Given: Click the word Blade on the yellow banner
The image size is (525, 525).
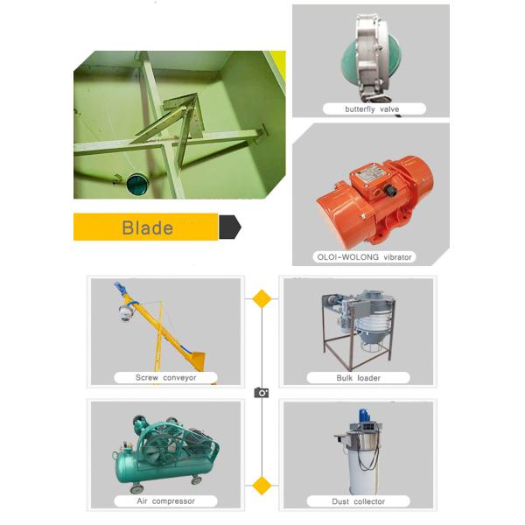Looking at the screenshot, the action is [148, 227].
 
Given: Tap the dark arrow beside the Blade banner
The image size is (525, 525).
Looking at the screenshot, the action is [229, 227].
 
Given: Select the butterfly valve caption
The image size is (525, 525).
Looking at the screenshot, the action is [372, 109].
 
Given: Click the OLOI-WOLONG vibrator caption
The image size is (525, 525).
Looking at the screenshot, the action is [364, 257].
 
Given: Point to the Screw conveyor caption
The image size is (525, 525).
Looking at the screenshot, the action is [165, 378].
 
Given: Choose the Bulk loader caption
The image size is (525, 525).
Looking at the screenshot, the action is [358, 378].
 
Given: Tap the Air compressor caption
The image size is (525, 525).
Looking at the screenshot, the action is [165, 501].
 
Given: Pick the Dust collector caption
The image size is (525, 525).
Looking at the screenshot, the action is [358, 501].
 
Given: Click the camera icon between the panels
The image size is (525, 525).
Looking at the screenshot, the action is [262, 392].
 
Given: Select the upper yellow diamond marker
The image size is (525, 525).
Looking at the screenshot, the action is [262, 298].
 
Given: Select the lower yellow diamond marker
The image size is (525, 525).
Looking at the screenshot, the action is [262, 486].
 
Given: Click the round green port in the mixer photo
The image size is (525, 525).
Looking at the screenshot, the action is [137, 184].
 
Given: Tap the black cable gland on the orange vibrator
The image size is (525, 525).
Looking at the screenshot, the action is [390, 191].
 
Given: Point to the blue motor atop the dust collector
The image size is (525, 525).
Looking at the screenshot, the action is [364, 416].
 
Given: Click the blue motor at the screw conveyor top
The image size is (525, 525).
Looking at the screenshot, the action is [118, 287].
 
